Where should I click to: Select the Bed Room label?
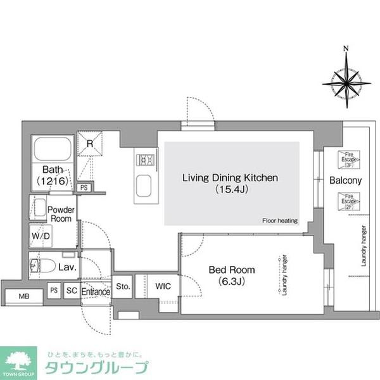point(227,274)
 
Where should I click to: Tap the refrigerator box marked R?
point(90,144)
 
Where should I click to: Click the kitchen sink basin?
point(144,187)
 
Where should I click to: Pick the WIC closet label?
point(163,286)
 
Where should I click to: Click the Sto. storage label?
point(123,286)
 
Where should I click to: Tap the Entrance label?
point(96,292)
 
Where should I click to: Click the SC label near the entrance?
point(72,291)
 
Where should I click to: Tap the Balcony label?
point(345,181)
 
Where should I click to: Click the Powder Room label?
point(61,214)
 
